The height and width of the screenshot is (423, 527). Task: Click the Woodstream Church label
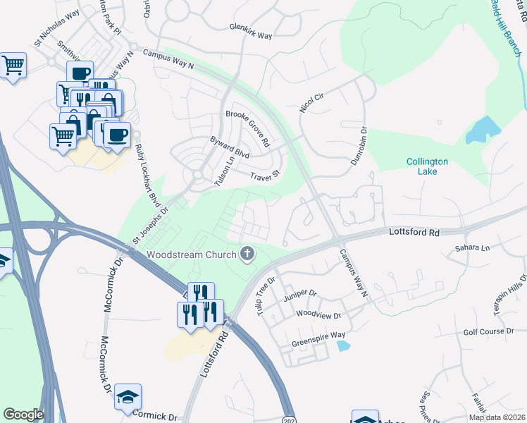[x=192, y=254]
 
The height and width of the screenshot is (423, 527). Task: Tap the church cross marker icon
[x=247, y=254]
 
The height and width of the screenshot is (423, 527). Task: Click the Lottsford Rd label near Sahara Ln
[x=414, y=232]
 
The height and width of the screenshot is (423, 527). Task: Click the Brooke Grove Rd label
[x=248, y=128]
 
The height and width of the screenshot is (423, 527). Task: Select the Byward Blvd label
[x=230, y=147]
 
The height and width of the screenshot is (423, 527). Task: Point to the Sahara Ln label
[x=471, y=248]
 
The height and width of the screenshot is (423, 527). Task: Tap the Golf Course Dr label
[x=488, y=331]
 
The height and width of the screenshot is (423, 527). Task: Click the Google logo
[x=23, y=415]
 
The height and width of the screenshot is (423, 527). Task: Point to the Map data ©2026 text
[x=497, y=417]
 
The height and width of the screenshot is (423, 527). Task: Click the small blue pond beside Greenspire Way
[x=343, y=345]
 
